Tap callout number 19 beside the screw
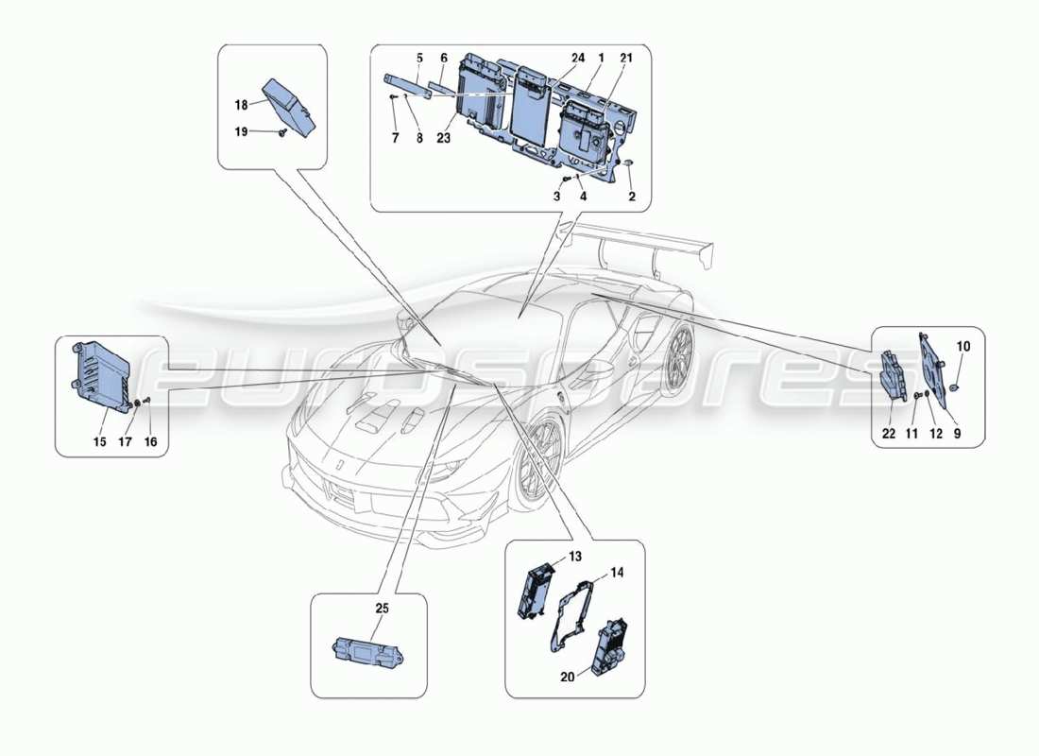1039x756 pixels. coord(241,132)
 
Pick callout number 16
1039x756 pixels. coord(151,440)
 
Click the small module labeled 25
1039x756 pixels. coord(367,650)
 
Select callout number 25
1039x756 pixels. coord(383,610)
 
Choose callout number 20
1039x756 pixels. coord(567,678)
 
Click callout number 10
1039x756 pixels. coord(963,347)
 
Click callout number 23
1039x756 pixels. coord(444,137)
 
